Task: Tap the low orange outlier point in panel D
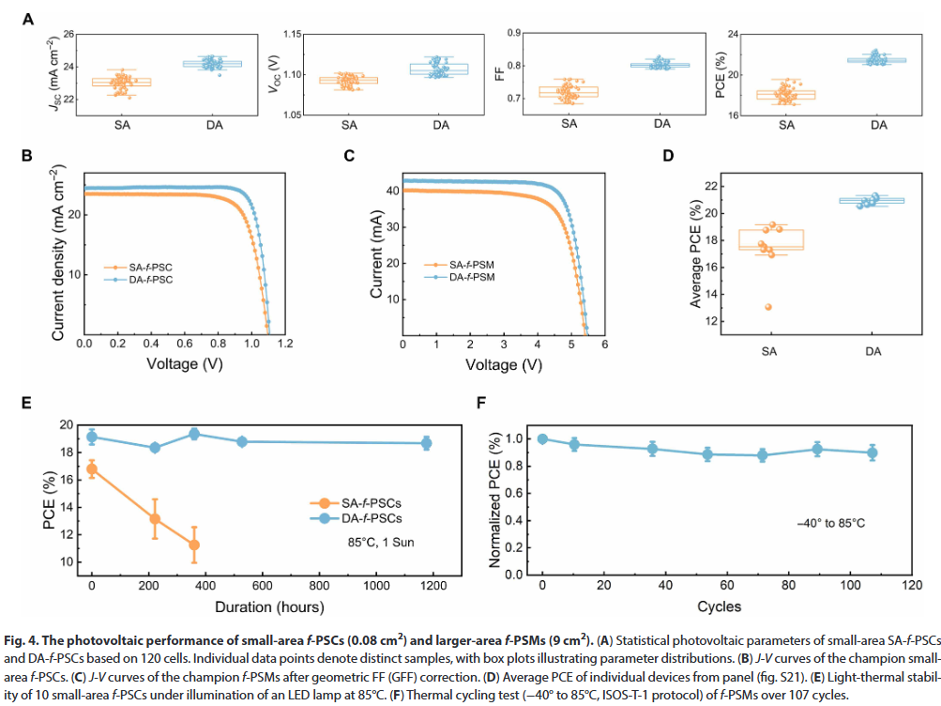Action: pyautogui.click(x=768, y=307)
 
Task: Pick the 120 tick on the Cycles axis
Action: pyautogui.click(x=910, y=586)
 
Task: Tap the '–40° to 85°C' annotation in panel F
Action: pyautogui.click(x=827, y=522)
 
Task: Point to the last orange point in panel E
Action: pyautogui.click(x=194, y=545)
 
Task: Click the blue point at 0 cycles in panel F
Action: pyautogui.click(x=542, y=438)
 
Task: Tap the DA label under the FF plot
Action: pyautogui.click(x=662, y=123)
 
